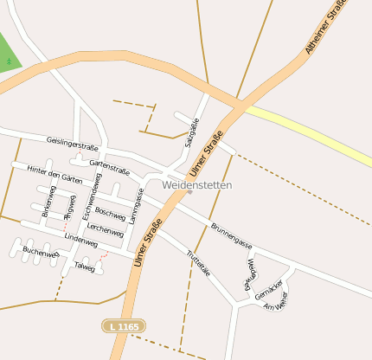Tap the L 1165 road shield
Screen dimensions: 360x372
tap(120, 325)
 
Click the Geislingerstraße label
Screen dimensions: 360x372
tap(72, 145)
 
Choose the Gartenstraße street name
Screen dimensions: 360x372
tap(109, 164)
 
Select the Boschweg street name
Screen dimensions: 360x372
tap(110, 212)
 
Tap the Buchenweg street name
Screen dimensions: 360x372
tap(40, 252)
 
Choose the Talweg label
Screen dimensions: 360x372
tap(84, 267)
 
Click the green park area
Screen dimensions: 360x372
tap(8, 54)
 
